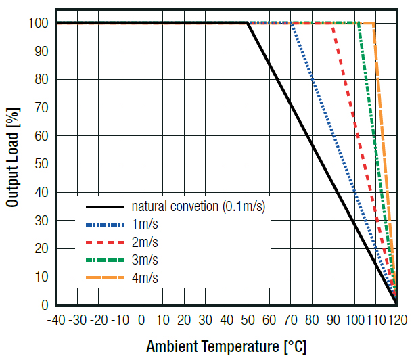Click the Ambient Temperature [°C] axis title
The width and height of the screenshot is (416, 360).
click(x=226, y=347)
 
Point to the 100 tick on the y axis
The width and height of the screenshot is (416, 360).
click(x=39, y=23)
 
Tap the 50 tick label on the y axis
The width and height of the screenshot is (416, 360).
click(x=42, y=164)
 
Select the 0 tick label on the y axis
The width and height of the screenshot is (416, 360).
click(x=45, y=305)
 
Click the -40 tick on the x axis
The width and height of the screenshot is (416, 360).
click(x=56, y=319)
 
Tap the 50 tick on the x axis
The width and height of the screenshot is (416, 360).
click(x=248, y=319)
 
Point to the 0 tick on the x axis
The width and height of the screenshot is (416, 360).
click(x=141, y=319)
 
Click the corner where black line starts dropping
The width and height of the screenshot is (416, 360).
click(x=248, y=23)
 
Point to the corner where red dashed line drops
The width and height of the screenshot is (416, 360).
click(x=333, y=23)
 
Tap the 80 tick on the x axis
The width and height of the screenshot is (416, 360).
click(x=312, y=319)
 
